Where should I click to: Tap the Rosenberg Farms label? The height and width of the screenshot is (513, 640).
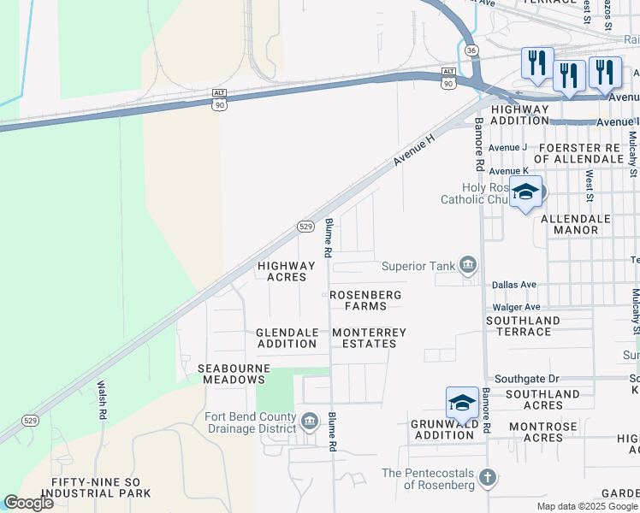point(365,300)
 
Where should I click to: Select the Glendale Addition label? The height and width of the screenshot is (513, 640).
point(287,338)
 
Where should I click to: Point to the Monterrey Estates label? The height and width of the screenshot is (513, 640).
point(369,338)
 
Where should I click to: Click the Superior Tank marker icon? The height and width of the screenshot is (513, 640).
point(467,265)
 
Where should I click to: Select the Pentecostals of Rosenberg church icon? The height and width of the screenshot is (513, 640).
point(488,476)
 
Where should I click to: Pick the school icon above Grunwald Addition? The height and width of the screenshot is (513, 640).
point(462,402)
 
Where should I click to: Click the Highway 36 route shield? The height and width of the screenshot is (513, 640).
point(471,50)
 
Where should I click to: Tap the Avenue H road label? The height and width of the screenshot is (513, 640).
point(415,149)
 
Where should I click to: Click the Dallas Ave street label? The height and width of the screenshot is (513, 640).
point(513,285)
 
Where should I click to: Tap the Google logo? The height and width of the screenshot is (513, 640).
point(28,503)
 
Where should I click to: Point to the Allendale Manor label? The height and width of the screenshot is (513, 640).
point(576,224)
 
